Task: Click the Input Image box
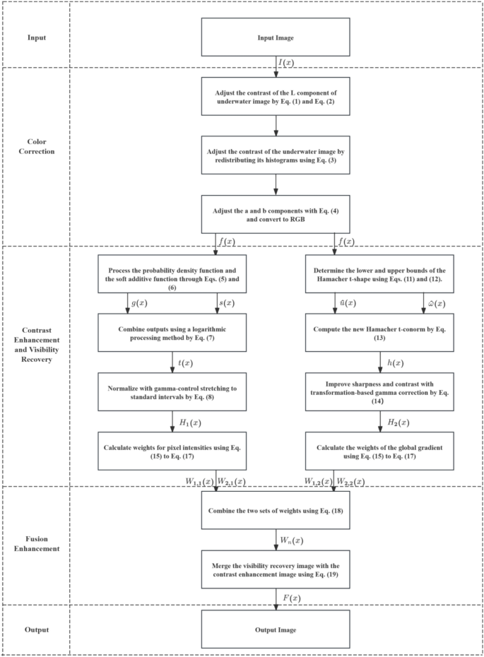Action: tap(276, 37)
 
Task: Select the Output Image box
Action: tap(276, 629)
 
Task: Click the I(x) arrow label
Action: tap(286, 62)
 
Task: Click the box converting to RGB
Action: tap(276, 214)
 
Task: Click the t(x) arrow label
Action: tap(184, 362)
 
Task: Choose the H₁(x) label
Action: tap(187, 421)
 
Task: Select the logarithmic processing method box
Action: tap(172, 331)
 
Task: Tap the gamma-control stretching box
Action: tap(172, 391)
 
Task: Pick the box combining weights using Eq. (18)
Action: tap(276, 511)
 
